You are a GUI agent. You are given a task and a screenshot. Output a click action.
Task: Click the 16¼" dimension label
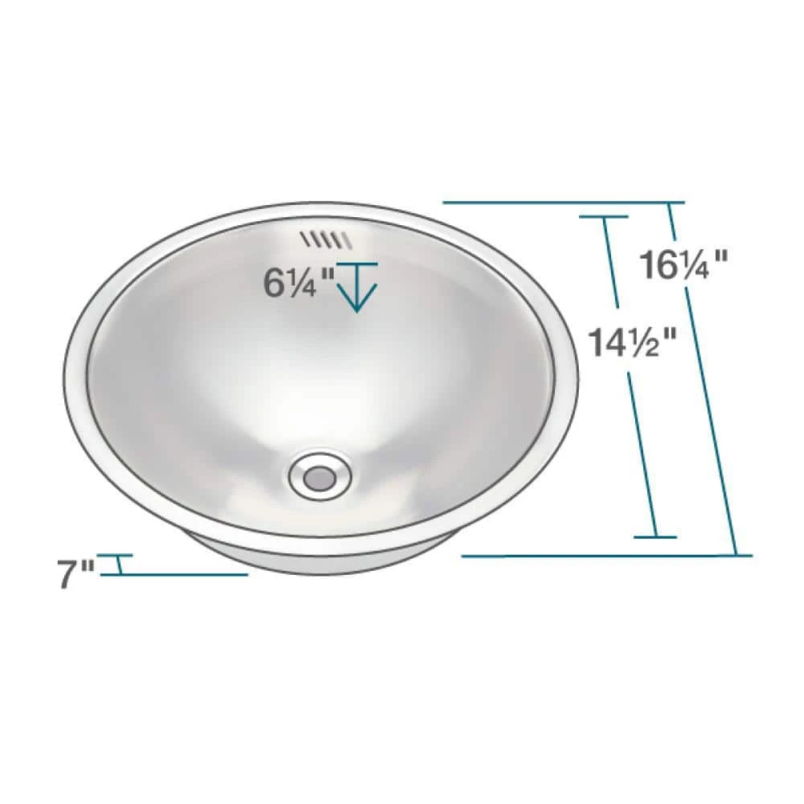(x=683, y=265)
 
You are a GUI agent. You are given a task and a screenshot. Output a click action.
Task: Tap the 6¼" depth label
(x=298, y=283)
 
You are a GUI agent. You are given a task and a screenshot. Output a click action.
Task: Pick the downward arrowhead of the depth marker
(x=358, y=297)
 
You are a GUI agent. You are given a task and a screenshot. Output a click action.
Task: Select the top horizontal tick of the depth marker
(x=358, y=264)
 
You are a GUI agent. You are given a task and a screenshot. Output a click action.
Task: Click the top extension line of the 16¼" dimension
(x=564, y=203)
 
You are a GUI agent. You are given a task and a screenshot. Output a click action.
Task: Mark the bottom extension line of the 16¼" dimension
(x=607, y=556)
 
